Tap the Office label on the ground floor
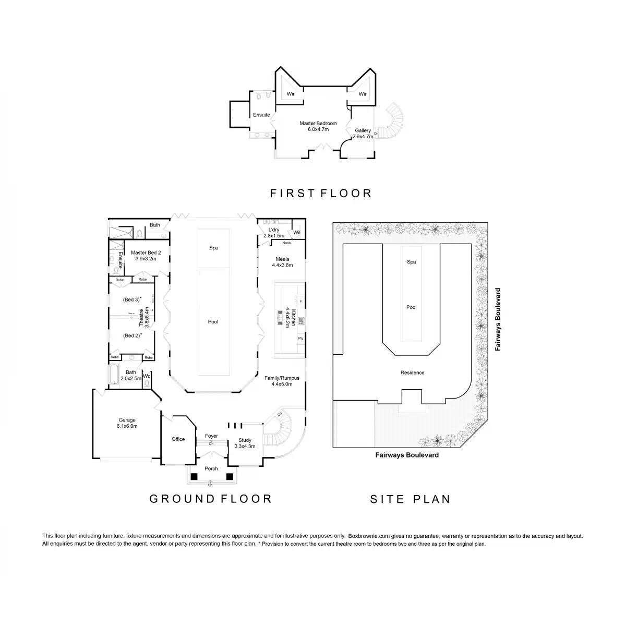178,439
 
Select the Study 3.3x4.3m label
245,443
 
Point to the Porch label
211,468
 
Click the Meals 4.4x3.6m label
282,262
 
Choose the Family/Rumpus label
282,381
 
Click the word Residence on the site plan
412,372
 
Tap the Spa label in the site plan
412,262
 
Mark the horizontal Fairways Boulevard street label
407,455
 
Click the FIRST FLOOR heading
321,194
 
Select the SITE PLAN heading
410,499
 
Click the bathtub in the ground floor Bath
114,376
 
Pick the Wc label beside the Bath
147,376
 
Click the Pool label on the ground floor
213,322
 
